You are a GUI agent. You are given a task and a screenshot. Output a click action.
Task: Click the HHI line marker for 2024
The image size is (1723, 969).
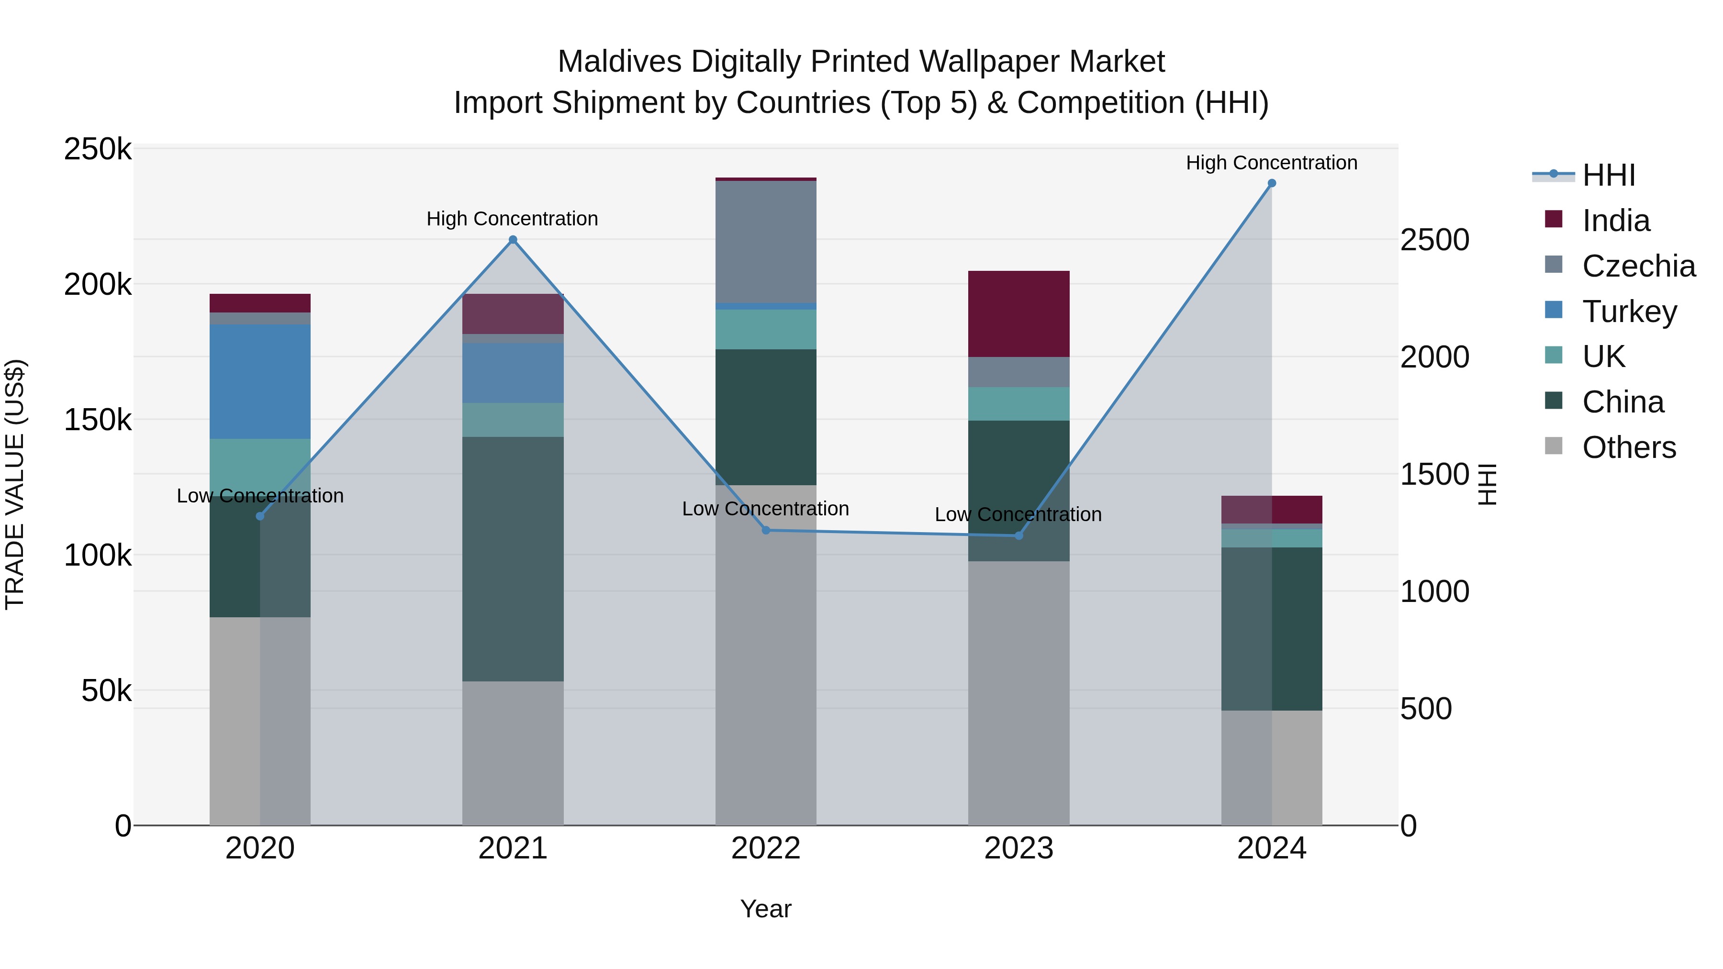[x=1272, y=183]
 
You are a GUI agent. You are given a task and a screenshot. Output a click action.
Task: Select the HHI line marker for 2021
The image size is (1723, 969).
[x=513, y=239]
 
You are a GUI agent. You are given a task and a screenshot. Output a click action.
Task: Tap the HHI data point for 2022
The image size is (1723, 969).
[x=766, y=530]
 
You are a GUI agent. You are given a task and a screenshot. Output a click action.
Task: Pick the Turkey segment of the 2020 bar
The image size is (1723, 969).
[x=260, y=381]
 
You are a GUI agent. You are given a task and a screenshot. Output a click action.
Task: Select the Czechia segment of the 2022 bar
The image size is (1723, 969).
[x=766, y=242]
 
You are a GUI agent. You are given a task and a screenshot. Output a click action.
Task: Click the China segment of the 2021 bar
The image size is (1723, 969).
[x=513, y=558]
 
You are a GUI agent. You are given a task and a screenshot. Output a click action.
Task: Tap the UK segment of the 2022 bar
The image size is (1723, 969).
[x=766, y=329]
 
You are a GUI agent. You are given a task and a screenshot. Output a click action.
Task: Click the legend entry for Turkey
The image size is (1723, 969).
[x=1629, y=312]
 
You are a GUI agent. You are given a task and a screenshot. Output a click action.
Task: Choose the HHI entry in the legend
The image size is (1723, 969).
[x=1608, y=175]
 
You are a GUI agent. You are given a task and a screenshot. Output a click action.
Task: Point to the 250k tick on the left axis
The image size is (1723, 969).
[x=98, y=149]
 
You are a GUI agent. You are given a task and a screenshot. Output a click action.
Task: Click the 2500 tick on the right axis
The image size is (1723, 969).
[x=1435, y=240]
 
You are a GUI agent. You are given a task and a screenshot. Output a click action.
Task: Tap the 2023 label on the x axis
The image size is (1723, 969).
[x=1018, y=848]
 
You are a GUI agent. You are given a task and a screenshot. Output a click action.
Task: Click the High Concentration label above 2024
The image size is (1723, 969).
[x=1272, y=163]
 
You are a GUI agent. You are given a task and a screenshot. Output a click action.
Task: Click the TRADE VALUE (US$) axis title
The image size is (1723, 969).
[x=15, y=484]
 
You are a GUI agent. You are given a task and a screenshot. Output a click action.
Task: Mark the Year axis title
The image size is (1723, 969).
[x=766, y=909]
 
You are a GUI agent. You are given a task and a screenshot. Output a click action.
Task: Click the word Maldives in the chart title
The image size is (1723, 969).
[x=619, y=62]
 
